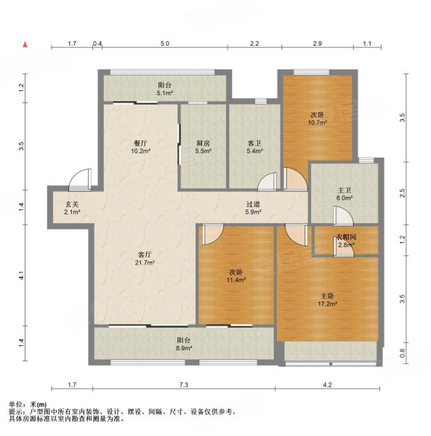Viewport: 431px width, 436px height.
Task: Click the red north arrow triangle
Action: click(25, 44)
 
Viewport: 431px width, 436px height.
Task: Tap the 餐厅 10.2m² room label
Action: click(141, 148)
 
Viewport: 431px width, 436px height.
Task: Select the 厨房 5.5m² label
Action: click(203, 148)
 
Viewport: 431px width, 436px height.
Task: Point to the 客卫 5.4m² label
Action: click(254, 148)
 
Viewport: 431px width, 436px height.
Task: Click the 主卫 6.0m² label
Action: click(345, 194)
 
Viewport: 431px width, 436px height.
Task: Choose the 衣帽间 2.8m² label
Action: click(346, 241)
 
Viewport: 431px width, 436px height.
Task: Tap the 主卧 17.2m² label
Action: click(328, 299)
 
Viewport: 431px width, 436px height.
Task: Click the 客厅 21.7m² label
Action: click(145, 259)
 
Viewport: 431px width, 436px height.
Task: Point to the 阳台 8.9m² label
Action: click(184, 344)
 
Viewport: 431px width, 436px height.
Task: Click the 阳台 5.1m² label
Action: click(164, 89)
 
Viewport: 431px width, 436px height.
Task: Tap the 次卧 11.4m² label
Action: click(236, 276)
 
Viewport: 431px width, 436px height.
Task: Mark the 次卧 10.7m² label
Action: click(318, 118)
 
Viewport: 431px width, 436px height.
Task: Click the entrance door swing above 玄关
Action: click(81, 179)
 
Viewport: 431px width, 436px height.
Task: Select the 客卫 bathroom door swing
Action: click(267, 182)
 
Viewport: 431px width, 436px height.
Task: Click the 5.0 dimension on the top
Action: click(165, 44)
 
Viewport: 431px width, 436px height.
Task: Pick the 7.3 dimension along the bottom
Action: click(184, 385)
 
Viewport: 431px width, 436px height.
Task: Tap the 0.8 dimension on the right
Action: click(403, 353)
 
